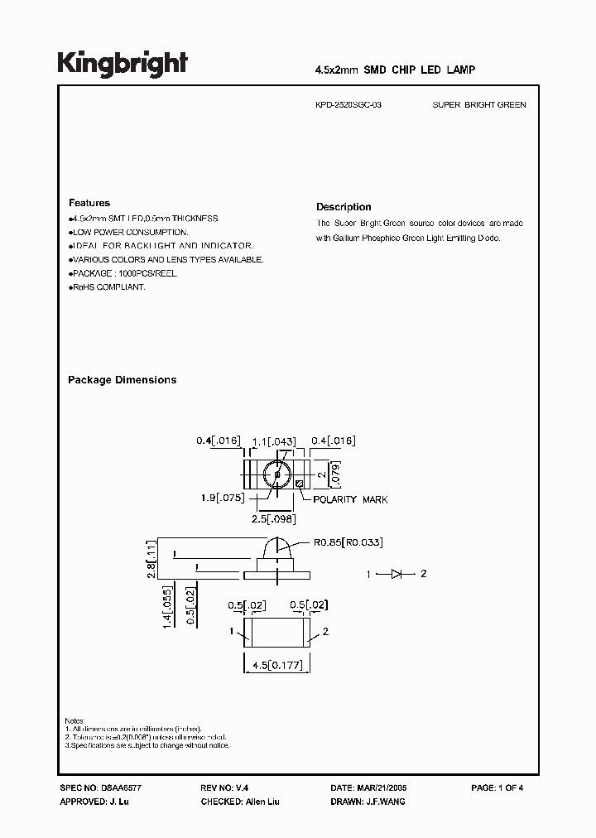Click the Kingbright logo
pyautogui.click(x=122, y=64)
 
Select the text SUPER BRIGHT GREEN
pyautogui.click(x=479, y=105)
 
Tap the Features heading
pyautogui.click(x=89, y=203)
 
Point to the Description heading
pyautogui.click(x=344, y=207)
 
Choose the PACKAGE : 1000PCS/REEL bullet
pyautogui.click(x=124, y=273)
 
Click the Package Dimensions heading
pyautogui.click(x=122, y=380)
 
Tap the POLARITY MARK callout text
pyautogui.click(x=350, y=499)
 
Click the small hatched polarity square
pyautogui.click(x=299, y=484)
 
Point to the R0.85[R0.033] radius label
pyautogui.click(x=348, y=542)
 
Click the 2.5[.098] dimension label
pyautogui.click(x=273, y=519)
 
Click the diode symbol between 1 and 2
pyautogui.click(x=396, y=573)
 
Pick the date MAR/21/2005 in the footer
pyautogui.click(x=380, y=788)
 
